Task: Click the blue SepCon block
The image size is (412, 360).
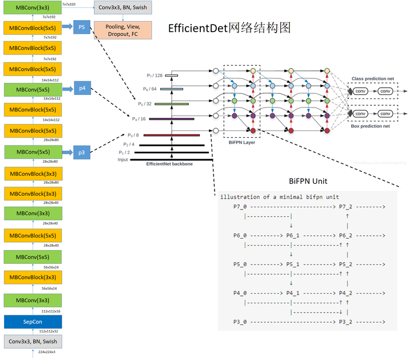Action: click(32, 321)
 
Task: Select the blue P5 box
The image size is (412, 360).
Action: click(82, 27)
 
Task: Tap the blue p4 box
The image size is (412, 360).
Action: click(82, 89)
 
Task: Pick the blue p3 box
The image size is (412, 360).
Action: click(82, 152)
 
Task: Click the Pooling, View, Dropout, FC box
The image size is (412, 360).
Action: click(123, 30)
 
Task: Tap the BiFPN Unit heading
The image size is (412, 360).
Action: click(308, 180)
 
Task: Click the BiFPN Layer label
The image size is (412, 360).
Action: click(241, 143)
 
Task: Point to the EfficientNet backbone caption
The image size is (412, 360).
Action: click(169, 164)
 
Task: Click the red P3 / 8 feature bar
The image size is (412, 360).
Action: click(171, 135)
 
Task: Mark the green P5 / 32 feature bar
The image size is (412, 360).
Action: click(171, 104)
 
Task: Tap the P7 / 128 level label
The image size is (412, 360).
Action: click(154, 76)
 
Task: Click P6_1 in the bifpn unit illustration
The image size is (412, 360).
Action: click(294, 235)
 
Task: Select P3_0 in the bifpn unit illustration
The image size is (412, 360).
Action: click(240, 322)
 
